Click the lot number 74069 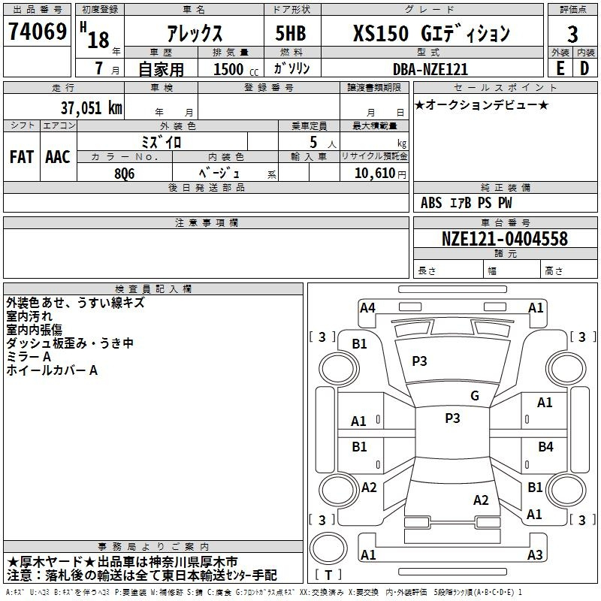38,32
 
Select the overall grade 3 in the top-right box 572,34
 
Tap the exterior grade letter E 560,68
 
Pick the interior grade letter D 584,68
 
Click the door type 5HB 291,33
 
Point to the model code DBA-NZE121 430,69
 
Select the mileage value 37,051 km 91,107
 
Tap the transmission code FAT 22,157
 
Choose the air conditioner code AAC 58,157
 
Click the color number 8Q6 125,174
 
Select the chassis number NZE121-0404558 505,239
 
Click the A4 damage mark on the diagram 367,308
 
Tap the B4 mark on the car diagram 545,446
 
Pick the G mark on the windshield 475,395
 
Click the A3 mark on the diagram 535,554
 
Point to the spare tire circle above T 328,548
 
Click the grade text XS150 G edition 431,34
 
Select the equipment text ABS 431,203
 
